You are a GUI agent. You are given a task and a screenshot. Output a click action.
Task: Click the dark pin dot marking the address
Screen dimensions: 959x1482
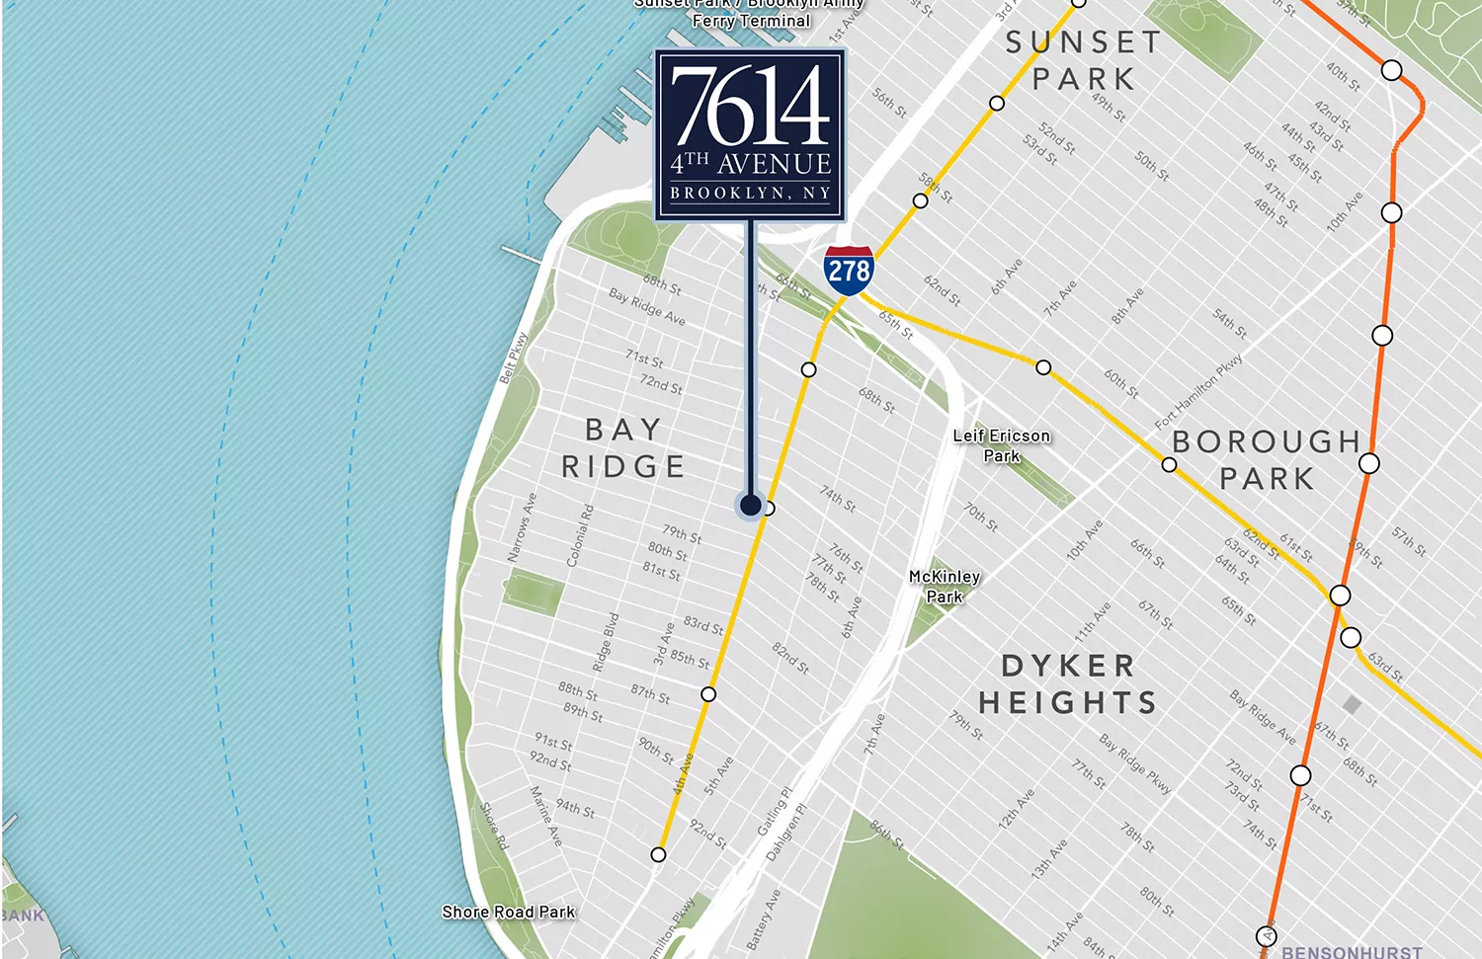(750, 506)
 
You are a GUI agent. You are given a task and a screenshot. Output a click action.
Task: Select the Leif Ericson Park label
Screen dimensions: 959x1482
(1001, 445)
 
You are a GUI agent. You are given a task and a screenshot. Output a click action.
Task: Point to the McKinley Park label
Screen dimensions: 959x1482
(945, 586)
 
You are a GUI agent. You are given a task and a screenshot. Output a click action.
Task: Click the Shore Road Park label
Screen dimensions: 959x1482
(508, 912)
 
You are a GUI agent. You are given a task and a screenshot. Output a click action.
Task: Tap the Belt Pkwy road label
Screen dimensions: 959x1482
(514, 358)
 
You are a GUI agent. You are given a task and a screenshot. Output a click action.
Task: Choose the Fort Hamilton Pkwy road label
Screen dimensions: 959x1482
(1198, 392)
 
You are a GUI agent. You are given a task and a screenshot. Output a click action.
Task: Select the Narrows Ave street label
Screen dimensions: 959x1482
(522, 527)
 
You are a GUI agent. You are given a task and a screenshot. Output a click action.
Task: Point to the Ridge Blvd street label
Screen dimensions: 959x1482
(606, 643)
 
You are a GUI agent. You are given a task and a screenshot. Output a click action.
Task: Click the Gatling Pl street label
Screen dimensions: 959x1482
(775, 811)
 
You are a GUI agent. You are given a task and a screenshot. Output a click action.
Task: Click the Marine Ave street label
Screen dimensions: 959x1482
(546, 816)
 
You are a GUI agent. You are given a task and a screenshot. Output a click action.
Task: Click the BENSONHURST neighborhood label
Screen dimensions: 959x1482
(1352, 952)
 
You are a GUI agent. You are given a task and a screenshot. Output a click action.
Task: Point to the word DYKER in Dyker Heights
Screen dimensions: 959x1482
(1068, 666)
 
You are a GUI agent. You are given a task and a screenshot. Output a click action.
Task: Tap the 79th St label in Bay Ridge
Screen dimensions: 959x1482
(682, 534)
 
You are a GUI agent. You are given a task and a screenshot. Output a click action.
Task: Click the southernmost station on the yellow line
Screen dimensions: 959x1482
(658, 854)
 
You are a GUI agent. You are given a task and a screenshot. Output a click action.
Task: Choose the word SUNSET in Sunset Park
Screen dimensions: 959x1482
(1084, 42)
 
